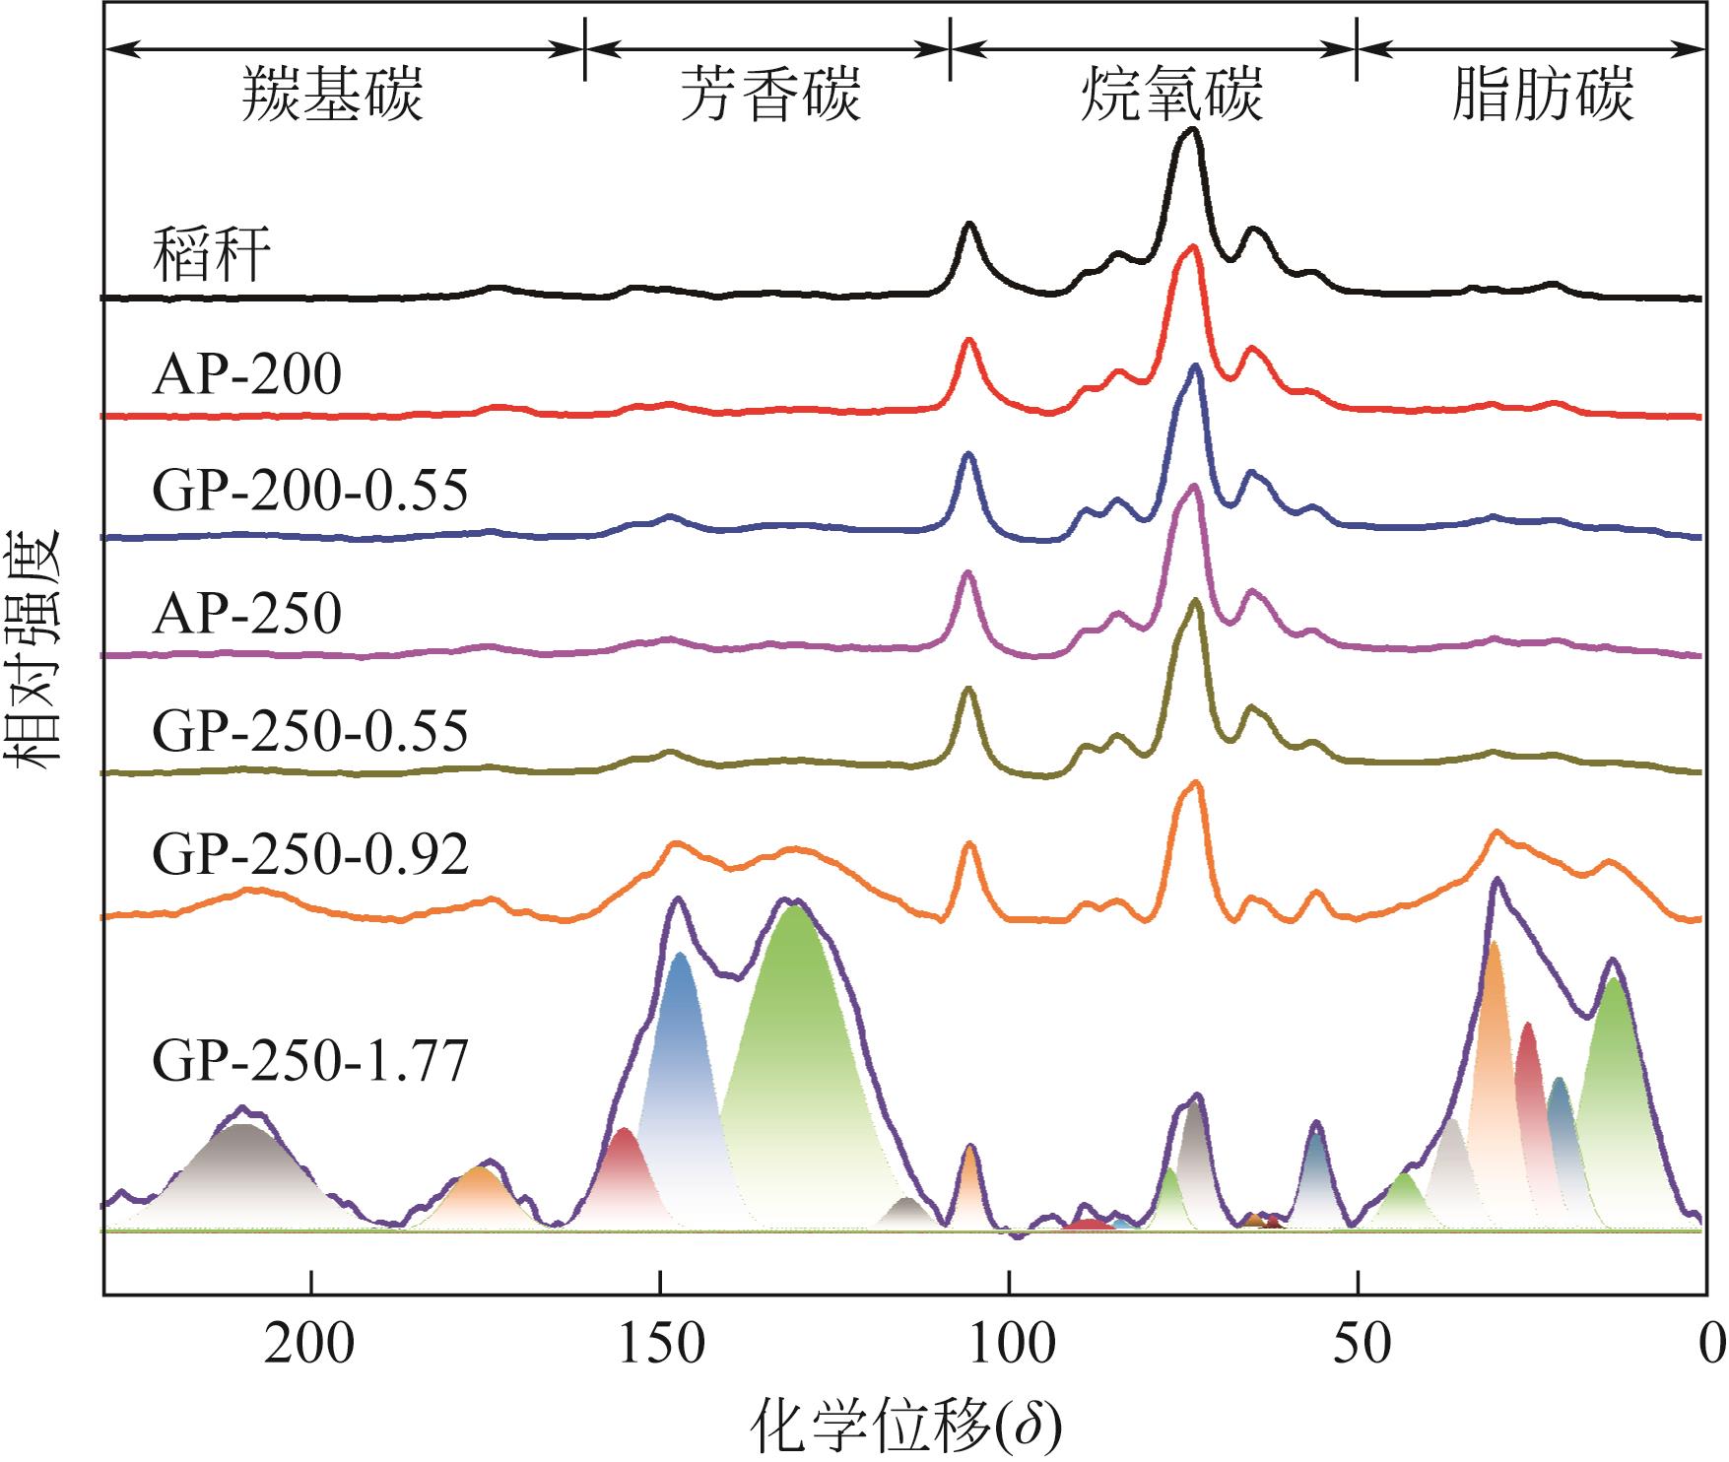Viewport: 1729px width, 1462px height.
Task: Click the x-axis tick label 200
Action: coord(309,1345)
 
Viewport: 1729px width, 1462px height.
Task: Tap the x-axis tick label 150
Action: coord(661,1345)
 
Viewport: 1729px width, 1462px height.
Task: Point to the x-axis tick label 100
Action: coord(1009,1345)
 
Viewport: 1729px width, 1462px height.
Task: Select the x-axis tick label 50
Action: coord(1358,1345)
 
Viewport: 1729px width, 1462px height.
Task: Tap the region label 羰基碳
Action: coord(333,95)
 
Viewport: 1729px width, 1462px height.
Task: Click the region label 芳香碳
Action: coord(771,95)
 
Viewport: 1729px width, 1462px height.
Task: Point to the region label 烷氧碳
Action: coord(1171,95)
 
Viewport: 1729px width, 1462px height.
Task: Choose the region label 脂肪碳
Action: coord(1543,95)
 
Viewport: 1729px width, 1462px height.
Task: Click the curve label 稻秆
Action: coord(212,255)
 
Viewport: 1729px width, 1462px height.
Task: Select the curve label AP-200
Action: coord(247,375)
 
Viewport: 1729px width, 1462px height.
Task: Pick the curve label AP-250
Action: coord(247,614)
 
